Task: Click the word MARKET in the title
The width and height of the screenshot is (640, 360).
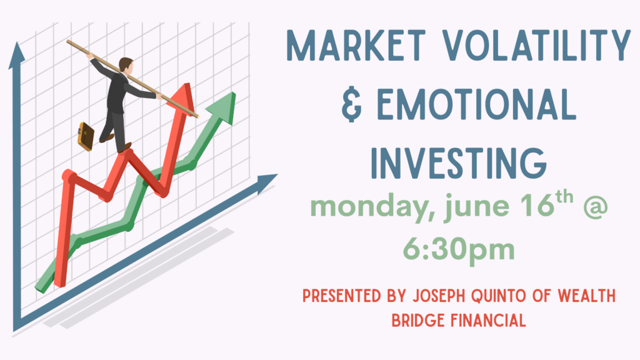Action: point(356,45)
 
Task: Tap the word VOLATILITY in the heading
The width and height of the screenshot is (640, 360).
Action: point(537,45)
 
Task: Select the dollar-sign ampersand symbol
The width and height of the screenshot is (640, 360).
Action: point(351,104)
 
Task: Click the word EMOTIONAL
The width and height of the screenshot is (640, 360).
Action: point(476,104)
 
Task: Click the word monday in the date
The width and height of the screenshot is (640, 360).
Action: point(373,207)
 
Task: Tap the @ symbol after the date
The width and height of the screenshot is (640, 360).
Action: point(596,206)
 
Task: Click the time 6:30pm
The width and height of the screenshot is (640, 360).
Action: point(459,250)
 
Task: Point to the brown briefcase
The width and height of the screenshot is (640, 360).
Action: point(86,136)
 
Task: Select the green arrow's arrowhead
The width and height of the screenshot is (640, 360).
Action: point(222,107)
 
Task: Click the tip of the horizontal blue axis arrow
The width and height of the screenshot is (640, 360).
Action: point(277,174)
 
